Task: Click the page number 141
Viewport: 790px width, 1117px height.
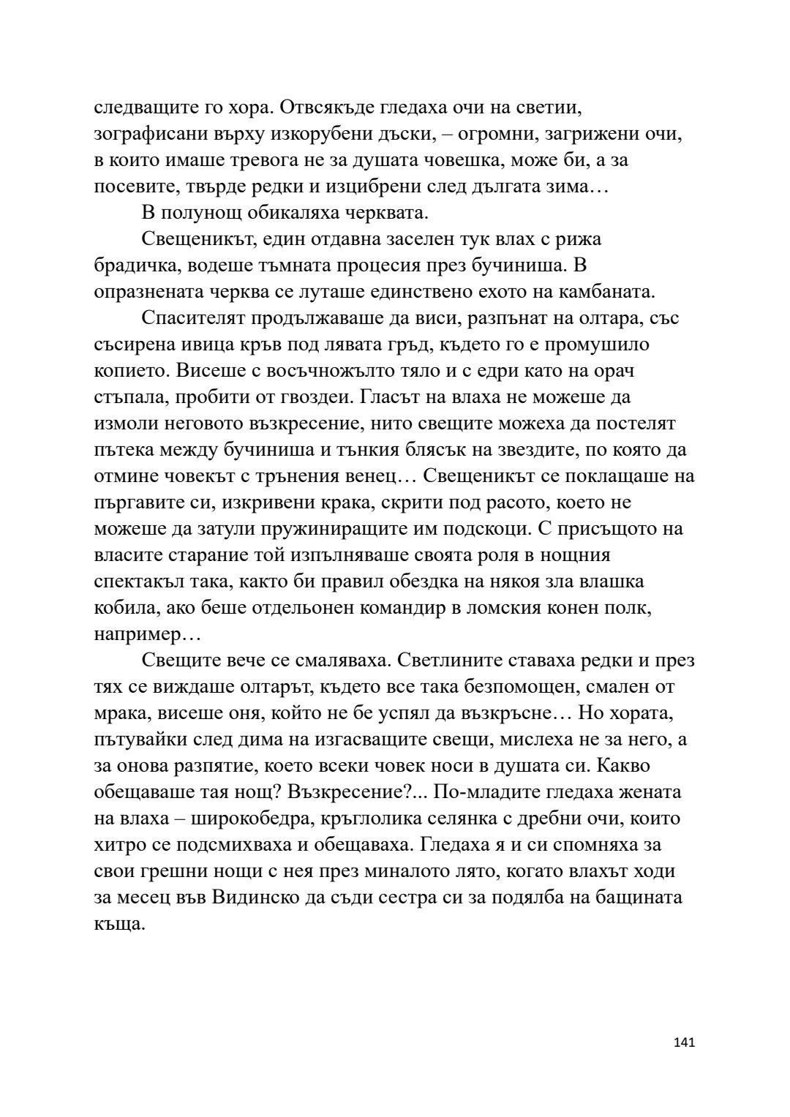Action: click(x=683, y=1042)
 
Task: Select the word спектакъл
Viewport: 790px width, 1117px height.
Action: click(x=140, y=582)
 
